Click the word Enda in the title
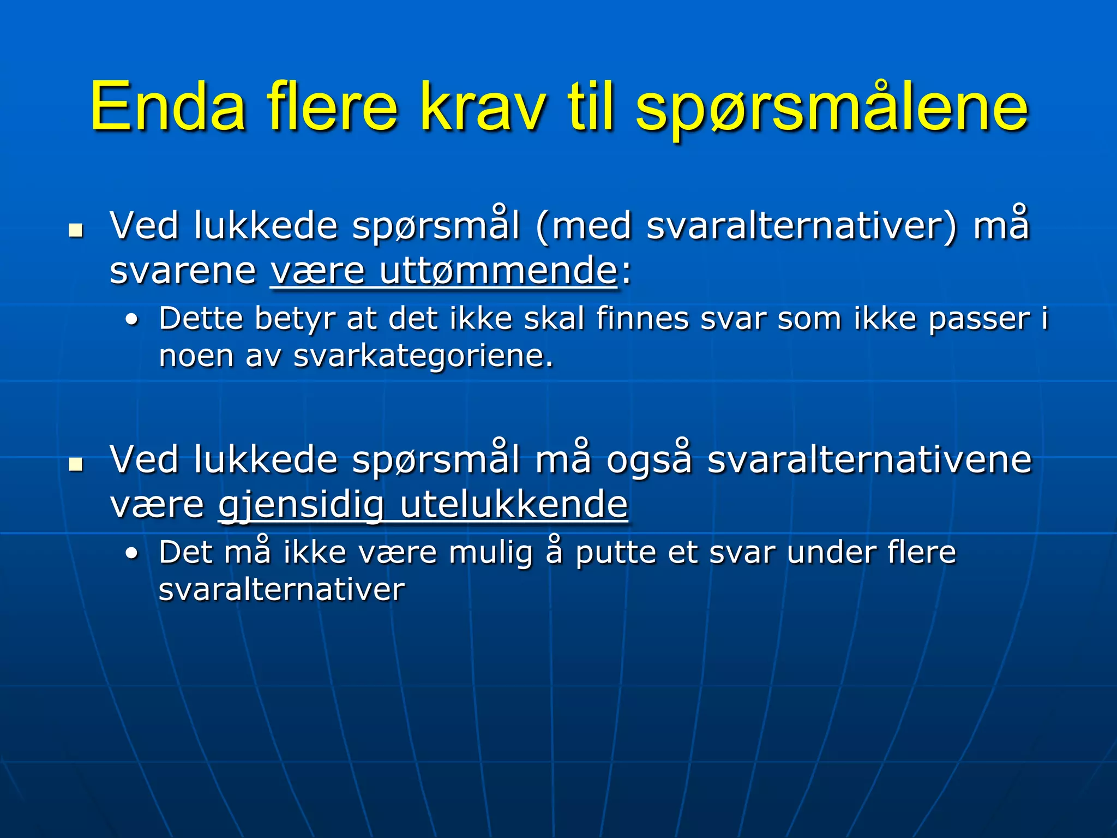(167, 107)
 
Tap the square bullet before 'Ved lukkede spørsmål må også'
(75, 464)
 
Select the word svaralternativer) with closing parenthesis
(802, 226)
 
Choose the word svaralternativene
(870, 460)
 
